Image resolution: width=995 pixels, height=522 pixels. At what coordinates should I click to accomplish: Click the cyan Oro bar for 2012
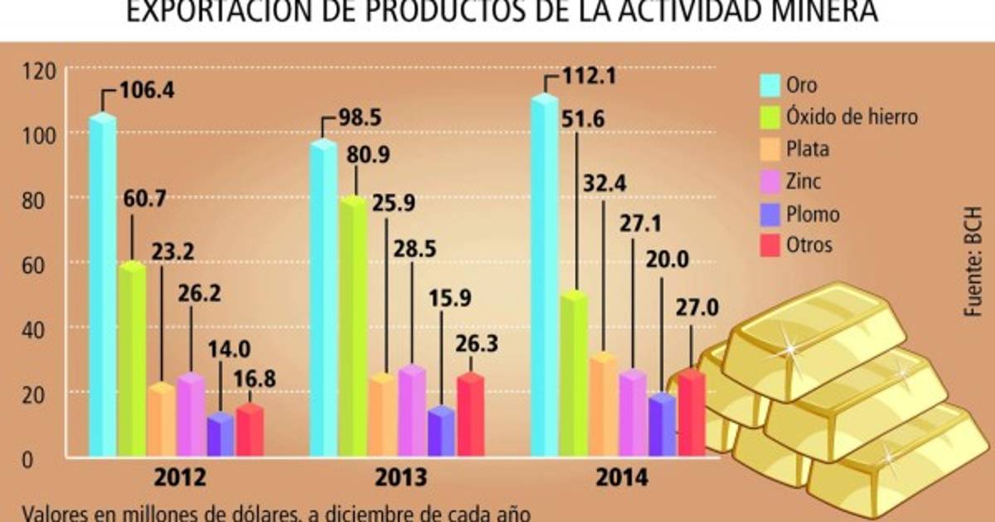pos(102,286)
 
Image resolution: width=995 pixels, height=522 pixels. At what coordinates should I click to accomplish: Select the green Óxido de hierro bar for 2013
pos(352,327)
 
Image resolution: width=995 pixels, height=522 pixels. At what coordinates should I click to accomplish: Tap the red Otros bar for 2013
pos(470,414)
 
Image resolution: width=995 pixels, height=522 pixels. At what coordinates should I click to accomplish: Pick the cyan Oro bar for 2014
pos(544,278)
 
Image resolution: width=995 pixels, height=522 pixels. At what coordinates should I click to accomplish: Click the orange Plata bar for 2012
pos(162,420)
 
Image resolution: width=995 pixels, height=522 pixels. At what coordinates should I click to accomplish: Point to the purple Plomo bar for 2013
pos(441,431)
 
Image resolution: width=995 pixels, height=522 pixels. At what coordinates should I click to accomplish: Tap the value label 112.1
pos(590,78)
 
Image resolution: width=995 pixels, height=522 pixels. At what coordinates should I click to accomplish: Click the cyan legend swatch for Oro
pos(771,85)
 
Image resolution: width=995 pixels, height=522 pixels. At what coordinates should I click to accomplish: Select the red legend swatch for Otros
pos(771,245)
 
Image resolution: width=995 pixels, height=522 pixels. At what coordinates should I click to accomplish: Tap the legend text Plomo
pos(813,214)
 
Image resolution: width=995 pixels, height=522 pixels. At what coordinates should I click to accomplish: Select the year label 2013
pos(402,479)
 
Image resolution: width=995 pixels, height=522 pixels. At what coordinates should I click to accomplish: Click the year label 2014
pos(621,479)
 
